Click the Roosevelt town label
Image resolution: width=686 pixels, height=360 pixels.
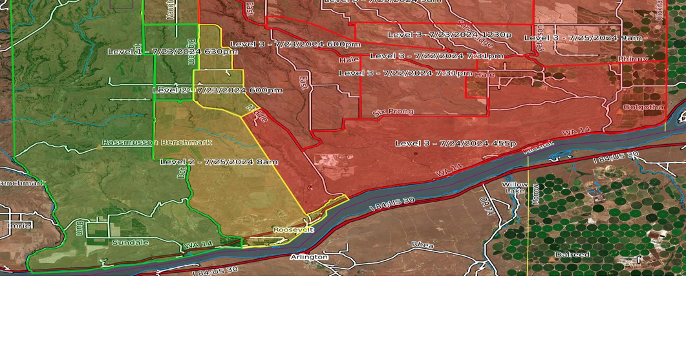293,229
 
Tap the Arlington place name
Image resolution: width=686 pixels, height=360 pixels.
308,257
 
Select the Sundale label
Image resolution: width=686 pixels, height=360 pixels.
130,243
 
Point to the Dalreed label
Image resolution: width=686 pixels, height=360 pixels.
572,255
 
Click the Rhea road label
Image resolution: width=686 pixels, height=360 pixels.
423,244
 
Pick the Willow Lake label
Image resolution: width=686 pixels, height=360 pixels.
515,187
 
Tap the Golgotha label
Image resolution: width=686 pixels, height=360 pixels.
643,107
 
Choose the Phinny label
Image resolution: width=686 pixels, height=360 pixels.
632,59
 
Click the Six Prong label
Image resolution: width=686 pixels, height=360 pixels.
393,112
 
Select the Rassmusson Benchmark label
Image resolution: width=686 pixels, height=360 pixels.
157,142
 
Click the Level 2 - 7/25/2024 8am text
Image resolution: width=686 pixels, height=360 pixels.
219,162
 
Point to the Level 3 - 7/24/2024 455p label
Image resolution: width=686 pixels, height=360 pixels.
455,143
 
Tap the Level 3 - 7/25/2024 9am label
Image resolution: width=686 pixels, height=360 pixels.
583,38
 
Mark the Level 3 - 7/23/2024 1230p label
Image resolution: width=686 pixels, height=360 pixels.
449,34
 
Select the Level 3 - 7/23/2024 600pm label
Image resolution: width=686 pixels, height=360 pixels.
295,44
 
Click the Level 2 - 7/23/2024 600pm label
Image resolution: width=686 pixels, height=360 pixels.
217,90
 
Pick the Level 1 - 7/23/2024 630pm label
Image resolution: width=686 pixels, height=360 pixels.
171,51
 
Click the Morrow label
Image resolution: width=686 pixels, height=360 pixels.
535,194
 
